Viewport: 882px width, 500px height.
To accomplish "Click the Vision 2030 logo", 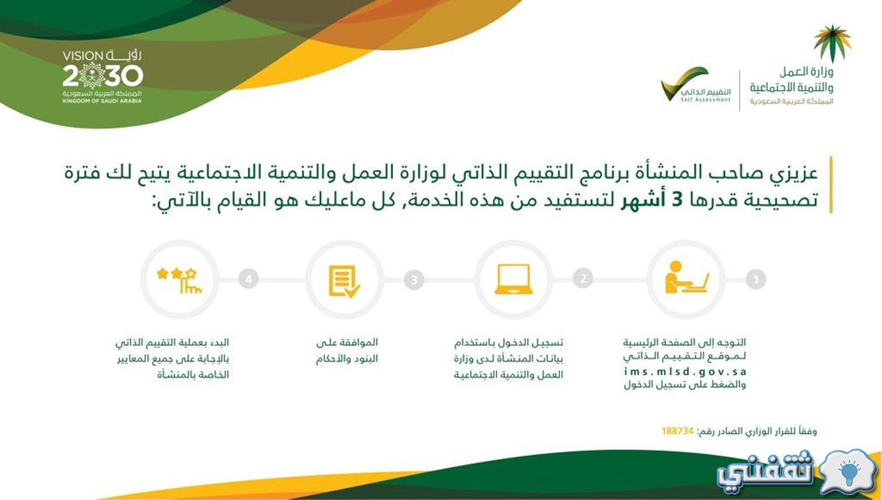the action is pos(102,76).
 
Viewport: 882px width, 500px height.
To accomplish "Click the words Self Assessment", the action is pos(706,100).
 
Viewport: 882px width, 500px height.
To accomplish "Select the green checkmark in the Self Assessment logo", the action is pos(684,83).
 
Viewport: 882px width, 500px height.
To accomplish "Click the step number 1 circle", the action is pos(756,280).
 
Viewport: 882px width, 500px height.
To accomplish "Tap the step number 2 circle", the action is pos(583,278).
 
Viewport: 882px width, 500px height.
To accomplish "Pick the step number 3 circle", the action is pos(414,280).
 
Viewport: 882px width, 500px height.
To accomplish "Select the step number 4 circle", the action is pos(249,279).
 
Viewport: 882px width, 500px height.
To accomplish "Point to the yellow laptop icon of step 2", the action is pos(513,279).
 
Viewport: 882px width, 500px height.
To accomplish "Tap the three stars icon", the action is pos(179,281).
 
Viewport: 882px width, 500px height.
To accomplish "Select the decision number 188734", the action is pos(677,431).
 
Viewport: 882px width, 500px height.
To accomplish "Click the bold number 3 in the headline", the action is pos(676,200).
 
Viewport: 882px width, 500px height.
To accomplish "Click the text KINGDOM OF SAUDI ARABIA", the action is pos(102,101).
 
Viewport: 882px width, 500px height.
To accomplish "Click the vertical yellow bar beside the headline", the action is pos(831,185).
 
